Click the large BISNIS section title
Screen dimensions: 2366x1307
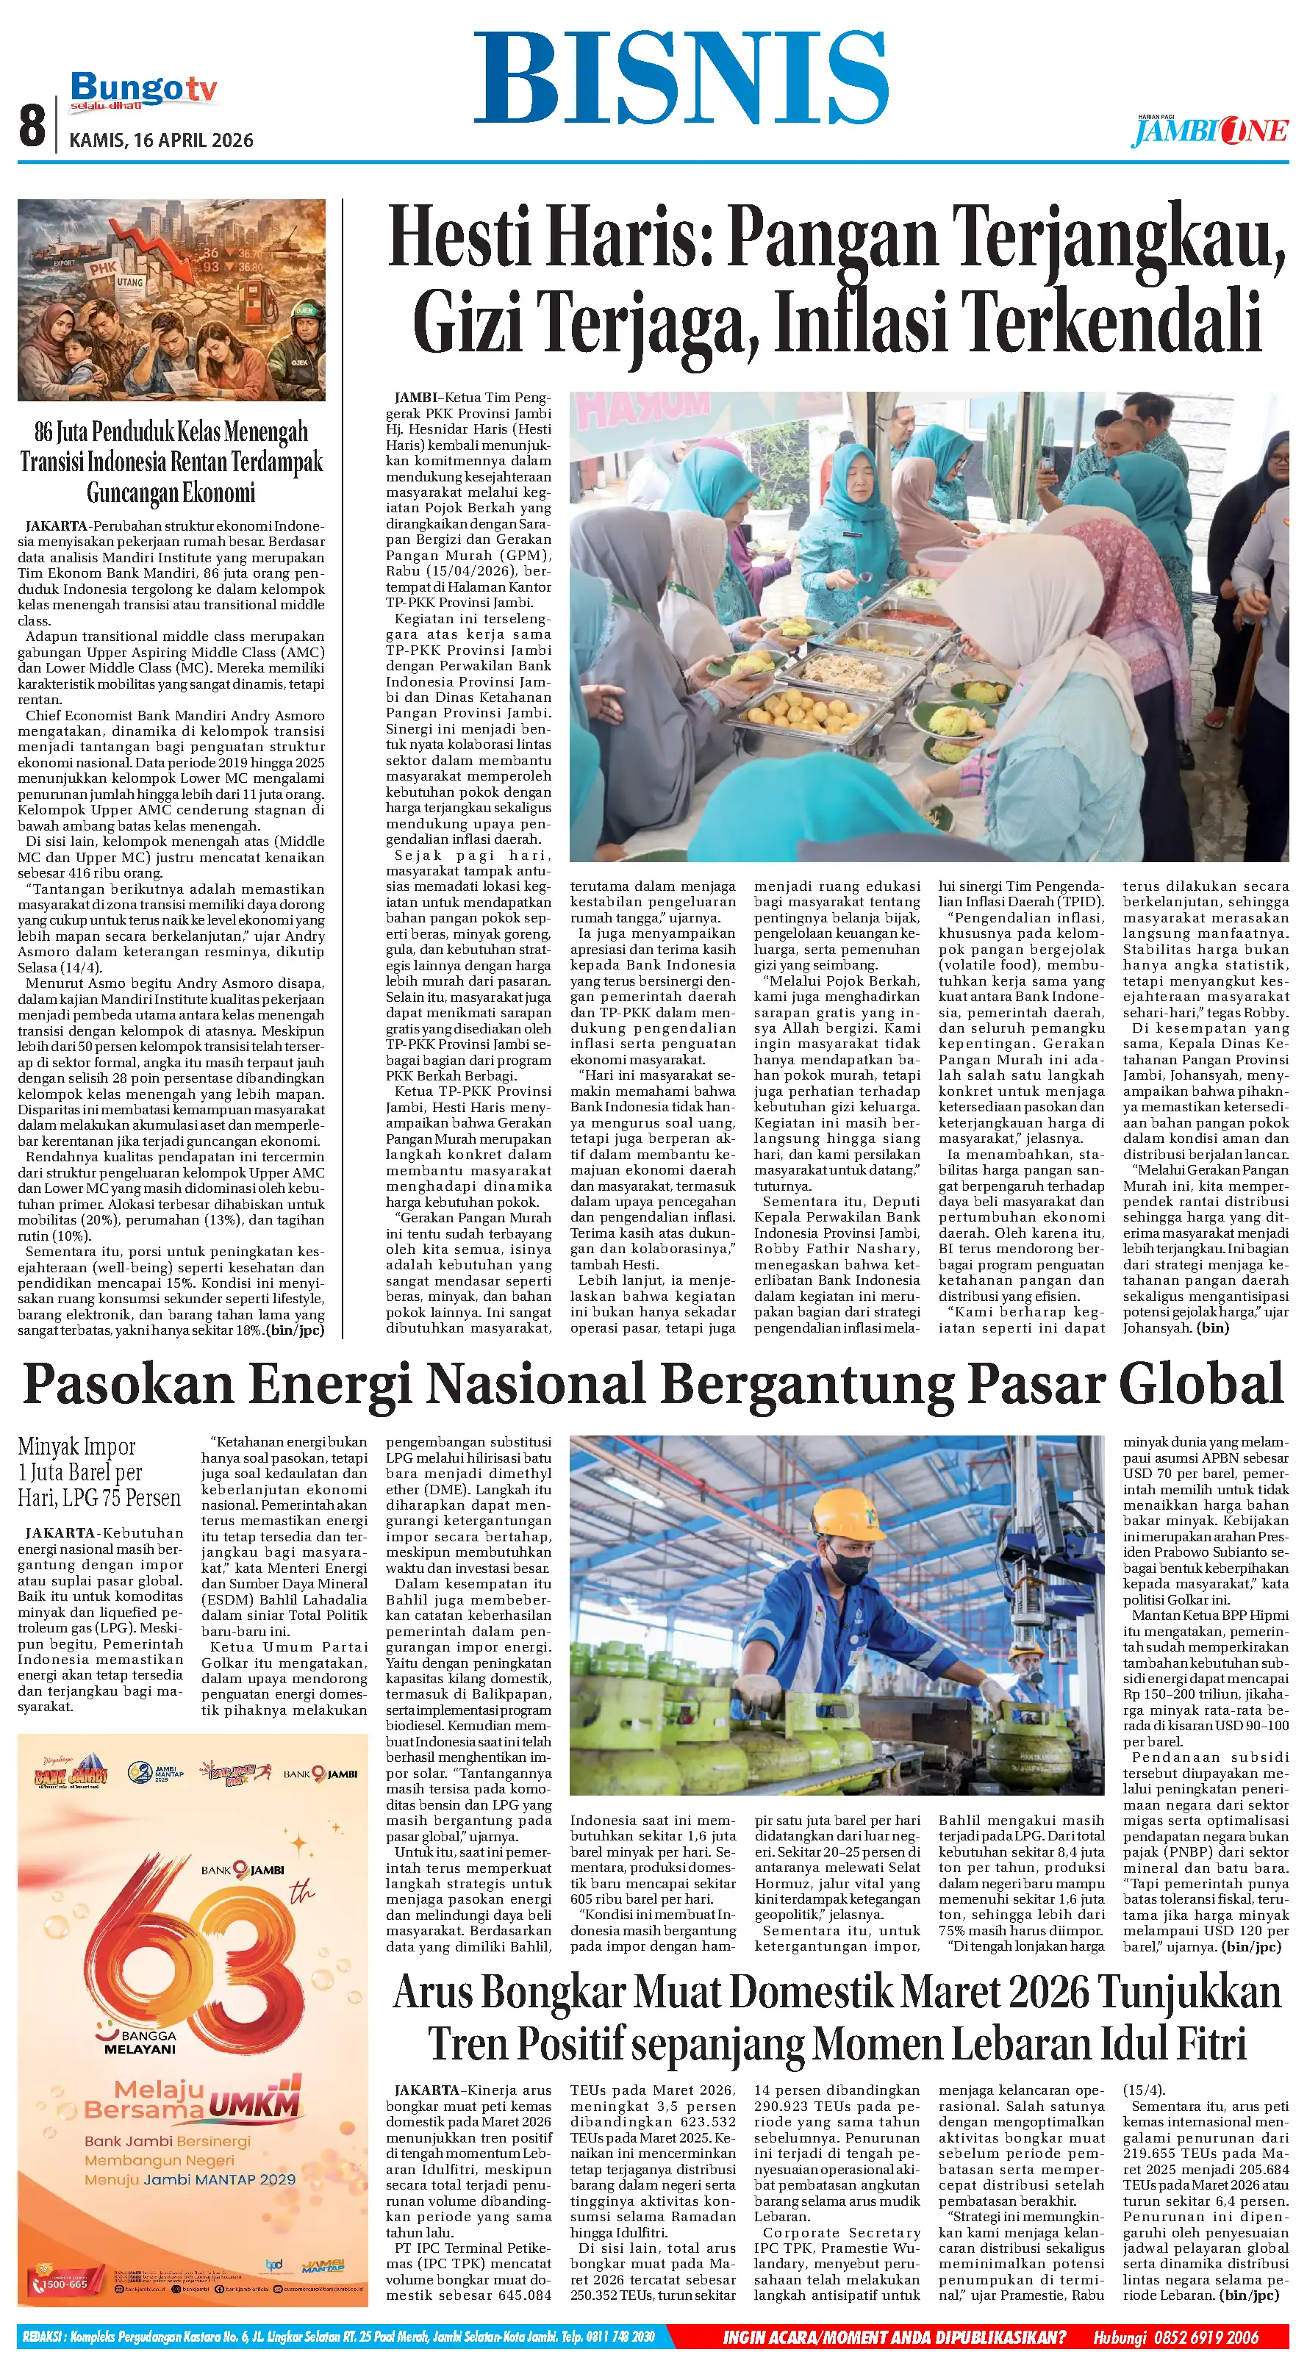tap(681, 78)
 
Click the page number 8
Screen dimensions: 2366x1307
tap(32, 125)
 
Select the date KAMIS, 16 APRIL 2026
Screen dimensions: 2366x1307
tap(162, 140)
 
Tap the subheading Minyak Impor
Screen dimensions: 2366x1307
tap(76, 1447)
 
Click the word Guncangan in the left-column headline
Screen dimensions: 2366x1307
tap(132, 493)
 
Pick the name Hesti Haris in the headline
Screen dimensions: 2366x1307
tap(549, 237)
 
